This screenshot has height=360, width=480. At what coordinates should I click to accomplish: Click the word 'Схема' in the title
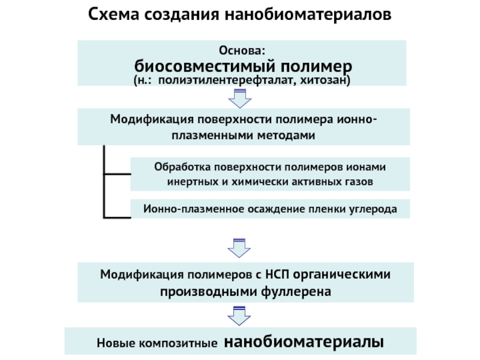tap(113, 14)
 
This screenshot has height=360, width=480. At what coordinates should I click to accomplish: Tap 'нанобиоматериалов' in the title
tap(308, 14)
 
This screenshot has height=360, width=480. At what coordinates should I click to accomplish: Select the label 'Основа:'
tap(242, 50)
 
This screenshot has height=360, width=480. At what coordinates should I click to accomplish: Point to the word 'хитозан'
tap(325, 80)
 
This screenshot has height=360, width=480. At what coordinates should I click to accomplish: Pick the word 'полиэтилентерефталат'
tap(227, 80)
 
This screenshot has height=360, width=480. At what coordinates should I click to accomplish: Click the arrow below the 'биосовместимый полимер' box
tap(240, 98)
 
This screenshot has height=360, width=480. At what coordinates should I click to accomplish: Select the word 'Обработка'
tap(182, 167)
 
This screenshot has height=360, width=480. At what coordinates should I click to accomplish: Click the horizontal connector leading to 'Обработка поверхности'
tap(117, 174)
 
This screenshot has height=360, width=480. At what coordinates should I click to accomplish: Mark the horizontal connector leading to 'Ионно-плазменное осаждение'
tap(117, 218)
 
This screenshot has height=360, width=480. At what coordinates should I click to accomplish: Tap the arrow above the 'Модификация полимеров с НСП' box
tap(239, 248)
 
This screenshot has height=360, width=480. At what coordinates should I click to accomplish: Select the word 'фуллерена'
tap(296, 292)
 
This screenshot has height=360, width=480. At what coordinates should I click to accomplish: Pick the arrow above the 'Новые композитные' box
tap(239, 316)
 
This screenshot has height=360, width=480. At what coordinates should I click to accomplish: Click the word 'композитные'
tap(178, 343)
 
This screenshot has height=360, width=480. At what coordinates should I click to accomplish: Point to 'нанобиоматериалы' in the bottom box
tap(304, 341)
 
